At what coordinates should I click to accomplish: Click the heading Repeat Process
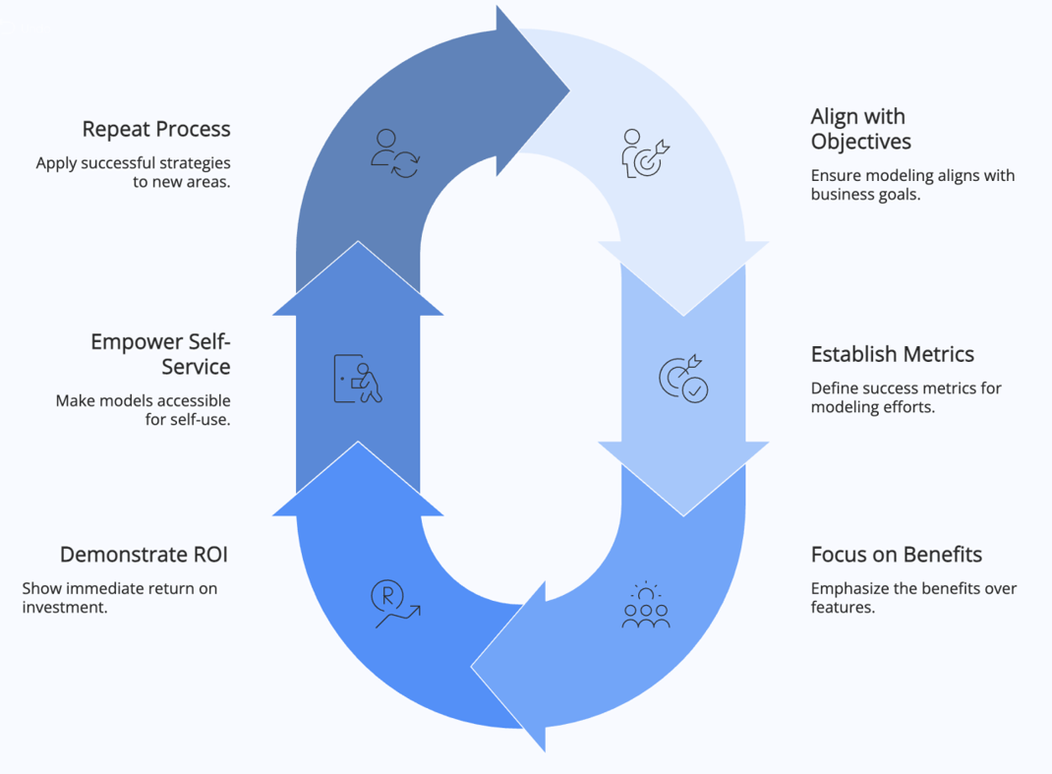coord(155,129)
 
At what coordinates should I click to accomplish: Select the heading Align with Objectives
coord(860,129)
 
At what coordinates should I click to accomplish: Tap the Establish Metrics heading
coord(892,354)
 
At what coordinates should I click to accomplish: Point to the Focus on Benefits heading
coord(896,555)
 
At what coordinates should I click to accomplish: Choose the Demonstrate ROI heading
coord(144,555)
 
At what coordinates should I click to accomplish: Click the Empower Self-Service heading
coord(160,354)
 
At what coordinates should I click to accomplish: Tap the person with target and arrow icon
coord(646,153)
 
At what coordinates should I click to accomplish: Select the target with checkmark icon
coord(683,379)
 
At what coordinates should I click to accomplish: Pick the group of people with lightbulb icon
coord(646,605)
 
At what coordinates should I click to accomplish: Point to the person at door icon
coord(358,379)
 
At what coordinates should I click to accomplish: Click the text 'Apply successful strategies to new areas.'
coord(133,172)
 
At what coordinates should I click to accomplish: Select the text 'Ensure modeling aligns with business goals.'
coord(911,185)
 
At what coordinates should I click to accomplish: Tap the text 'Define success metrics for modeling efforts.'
coord(906,397)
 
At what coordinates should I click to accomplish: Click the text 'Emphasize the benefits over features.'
coord(912,598)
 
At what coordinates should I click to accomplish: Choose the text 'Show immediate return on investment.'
coord(119,598)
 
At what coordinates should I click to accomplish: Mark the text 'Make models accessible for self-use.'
coord(143,410)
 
